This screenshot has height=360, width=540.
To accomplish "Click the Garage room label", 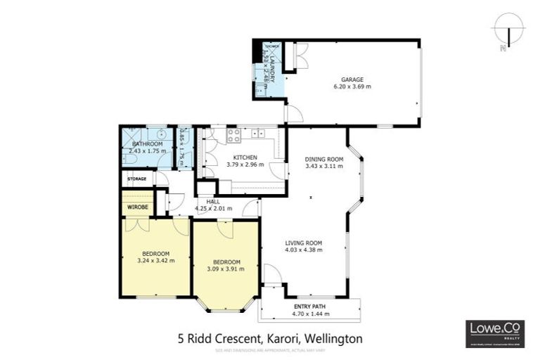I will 352,79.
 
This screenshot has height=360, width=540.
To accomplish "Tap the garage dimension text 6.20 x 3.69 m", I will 352,87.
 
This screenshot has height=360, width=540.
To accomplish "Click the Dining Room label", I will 323,159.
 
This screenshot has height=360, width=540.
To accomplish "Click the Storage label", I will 136,179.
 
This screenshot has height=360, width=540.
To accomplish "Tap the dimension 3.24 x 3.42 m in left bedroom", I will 155,260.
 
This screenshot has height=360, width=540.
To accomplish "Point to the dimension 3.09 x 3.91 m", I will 226,268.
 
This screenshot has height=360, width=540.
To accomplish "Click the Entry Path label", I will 310,307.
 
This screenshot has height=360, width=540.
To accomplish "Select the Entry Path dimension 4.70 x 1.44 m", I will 310,315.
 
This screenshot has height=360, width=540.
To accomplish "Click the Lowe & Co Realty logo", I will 495,333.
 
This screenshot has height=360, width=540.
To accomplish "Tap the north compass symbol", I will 507,31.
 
